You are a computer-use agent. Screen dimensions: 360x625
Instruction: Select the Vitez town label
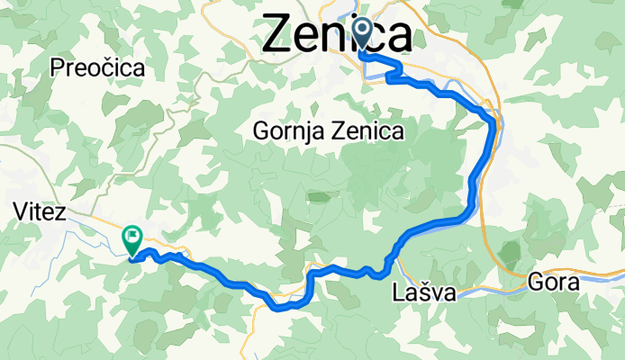tap(41, 212)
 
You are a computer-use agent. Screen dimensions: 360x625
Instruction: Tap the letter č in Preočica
tap(104, 68)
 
